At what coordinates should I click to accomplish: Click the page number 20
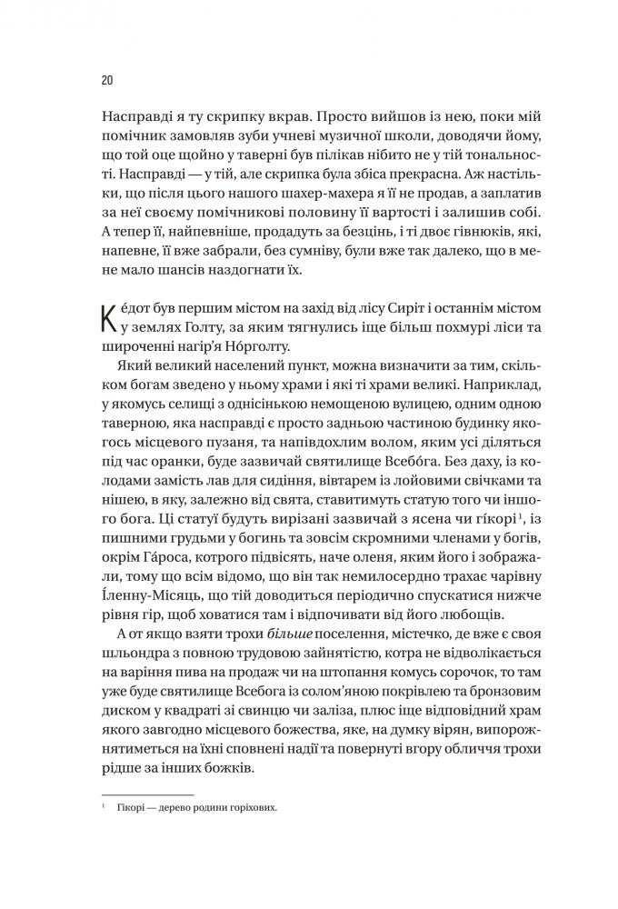105,81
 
